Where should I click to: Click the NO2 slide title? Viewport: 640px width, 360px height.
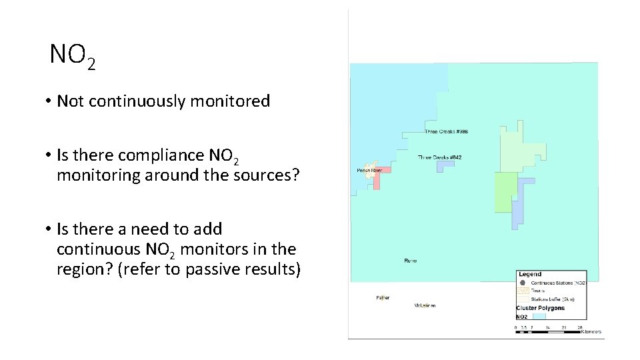[x=73, y=57]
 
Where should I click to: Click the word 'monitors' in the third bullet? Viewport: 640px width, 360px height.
[x=207, y=249]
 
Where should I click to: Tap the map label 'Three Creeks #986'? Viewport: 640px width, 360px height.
[x=446, y=131]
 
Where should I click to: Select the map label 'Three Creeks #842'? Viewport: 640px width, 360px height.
[x=439, y=157]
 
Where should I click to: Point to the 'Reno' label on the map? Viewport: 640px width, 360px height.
[x=410, y=260]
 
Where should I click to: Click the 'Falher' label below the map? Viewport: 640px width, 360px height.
[x=383, y=297]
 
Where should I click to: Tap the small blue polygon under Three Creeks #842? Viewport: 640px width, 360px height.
[x=445, y=167]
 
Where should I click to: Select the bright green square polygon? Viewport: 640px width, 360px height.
[x=505, y=192]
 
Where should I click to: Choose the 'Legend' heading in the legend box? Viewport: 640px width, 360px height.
[x=530, y=274]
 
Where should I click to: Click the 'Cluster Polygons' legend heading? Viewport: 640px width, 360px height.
[x=540, y=308]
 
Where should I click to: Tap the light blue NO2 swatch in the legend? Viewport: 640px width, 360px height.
[x=539, y=317]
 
